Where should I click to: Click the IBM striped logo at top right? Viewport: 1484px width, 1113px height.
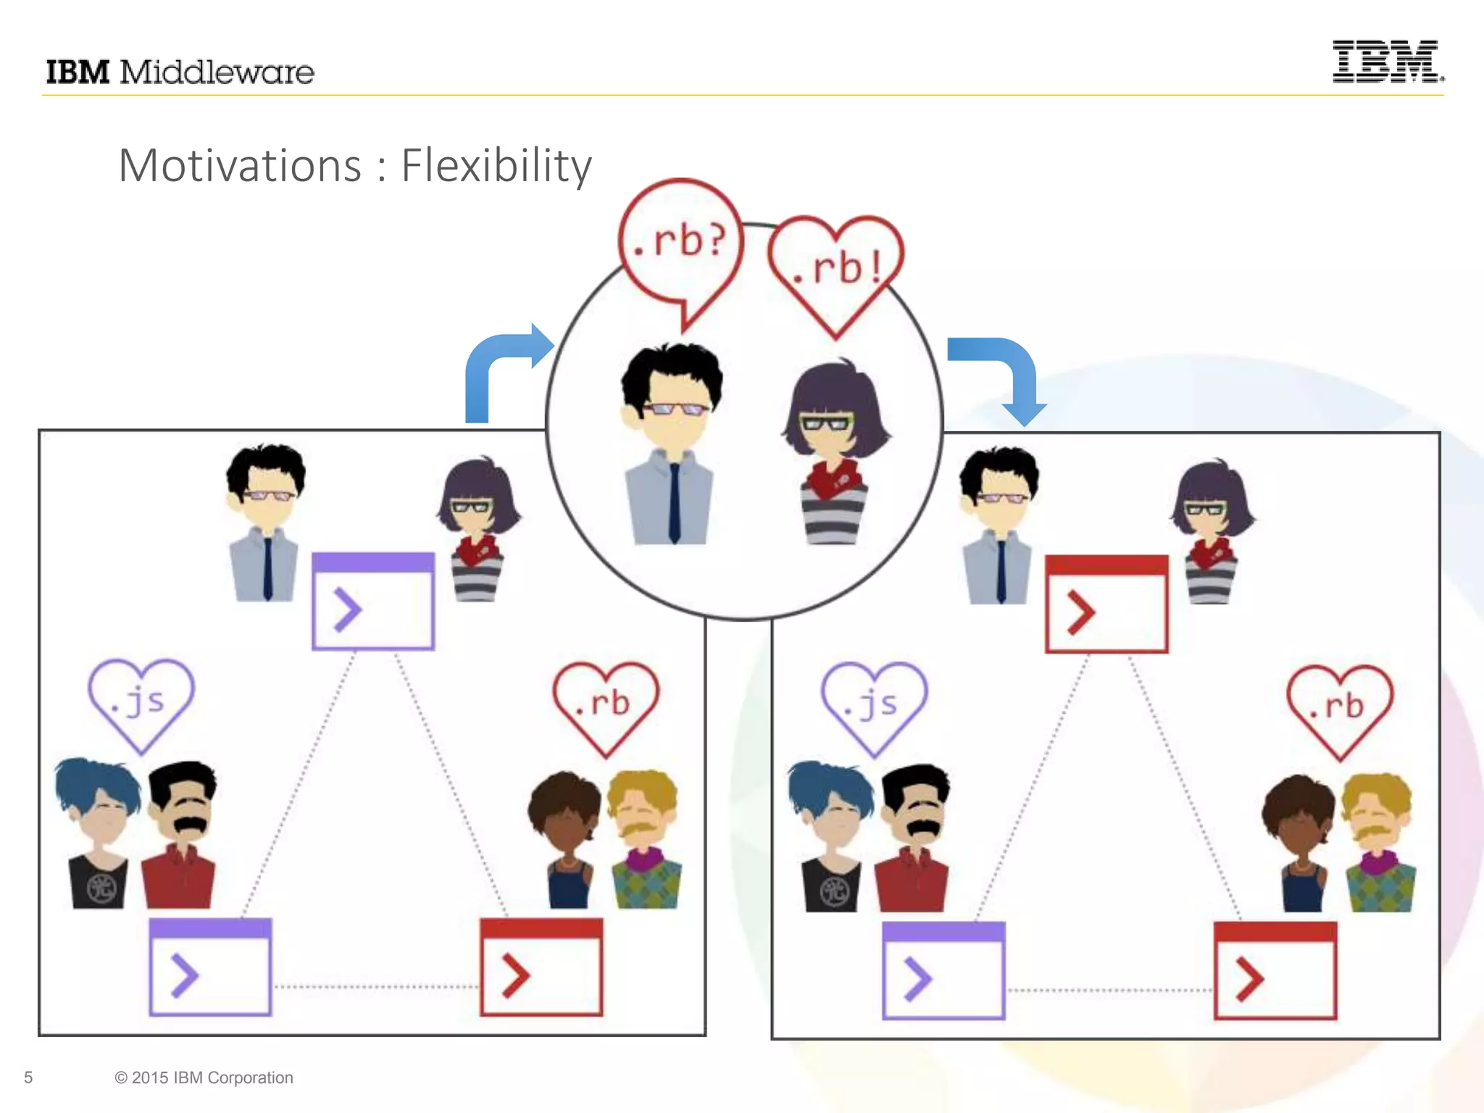click(x=1386, y=62)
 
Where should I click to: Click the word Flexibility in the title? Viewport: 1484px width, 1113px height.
click(x=496, y=166)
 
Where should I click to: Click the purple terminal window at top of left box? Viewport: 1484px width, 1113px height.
click(x=373, y=601)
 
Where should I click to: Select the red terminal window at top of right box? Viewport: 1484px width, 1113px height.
click(x=1106, y=604)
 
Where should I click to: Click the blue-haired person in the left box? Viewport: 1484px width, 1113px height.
click(x=99, y=833)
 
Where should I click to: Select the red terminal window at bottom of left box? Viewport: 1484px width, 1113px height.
click(x=541, y=967)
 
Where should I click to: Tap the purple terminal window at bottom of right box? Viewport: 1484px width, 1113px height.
click(x=943, y=970)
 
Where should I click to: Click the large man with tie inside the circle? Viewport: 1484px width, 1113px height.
click(x=671, y=446)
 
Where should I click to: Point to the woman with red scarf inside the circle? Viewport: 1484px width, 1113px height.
click(x=835, y=453)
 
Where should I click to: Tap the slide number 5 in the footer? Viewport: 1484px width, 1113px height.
click(x=28, y=1077)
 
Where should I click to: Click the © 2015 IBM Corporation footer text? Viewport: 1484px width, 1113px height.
click(x=204, y=1077)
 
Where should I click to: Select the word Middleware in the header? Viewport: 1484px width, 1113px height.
click(x=217, y=72)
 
